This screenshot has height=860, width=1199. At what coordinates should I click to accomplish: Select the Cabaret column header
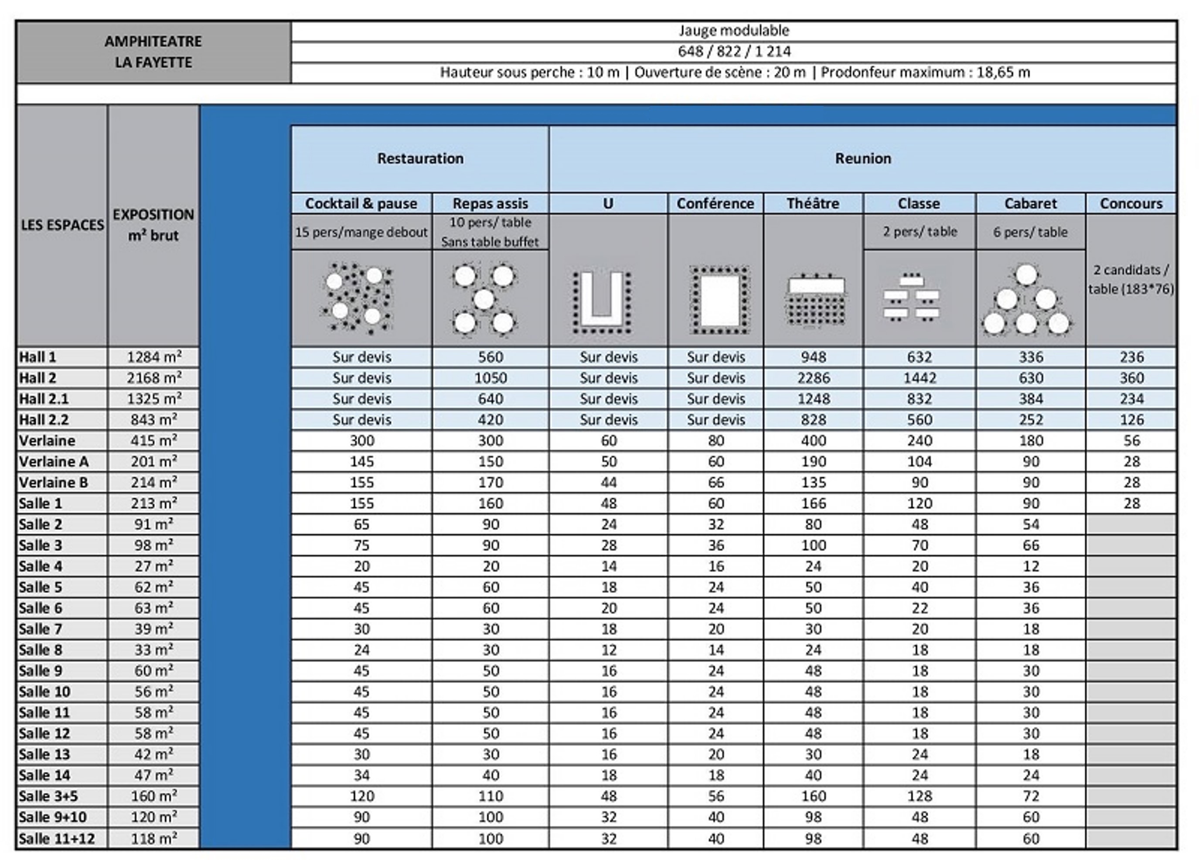[1030, 204]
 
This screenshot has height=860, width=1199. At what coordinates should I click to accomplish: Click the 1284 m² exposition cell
[154, 357]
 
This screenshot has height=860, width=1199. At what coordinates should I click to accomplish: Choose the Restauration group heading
[420, 158]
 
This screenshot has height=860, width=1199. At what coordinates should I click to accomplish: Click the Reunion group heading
[863, 158]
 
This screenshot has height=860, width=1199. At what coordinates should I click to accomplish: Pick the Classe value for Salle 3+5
[920, 796]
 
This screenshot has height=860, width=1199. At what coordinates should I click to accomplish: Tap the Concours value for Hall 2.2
[1131, 420]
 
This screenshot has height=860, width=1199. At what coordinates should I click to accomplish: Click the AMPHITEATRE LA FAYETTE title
[153, 52]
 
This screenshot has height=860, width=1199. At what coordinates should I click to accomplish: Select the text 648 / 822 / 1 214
[734, 51]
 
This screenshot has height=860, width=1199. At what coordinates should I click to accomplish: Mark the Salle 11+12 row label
[57, 838]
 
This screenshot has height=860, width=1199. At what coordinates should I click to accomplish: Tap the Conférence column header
[715, 204]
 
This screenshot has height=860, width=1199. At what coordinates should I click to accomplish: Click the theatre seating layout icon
[816, 302]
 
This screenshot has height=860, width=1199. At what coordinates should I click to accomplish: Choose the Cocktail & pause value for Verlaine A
[361, 462]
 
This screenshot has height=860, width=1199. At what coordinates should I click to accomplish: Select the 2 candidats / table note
[1131, 279]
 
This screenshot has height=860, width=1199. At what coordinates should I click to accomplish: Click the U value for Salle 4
[609, 566]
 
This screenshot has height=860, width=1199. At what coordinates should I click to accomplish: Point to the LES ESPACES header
[62, 225]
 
